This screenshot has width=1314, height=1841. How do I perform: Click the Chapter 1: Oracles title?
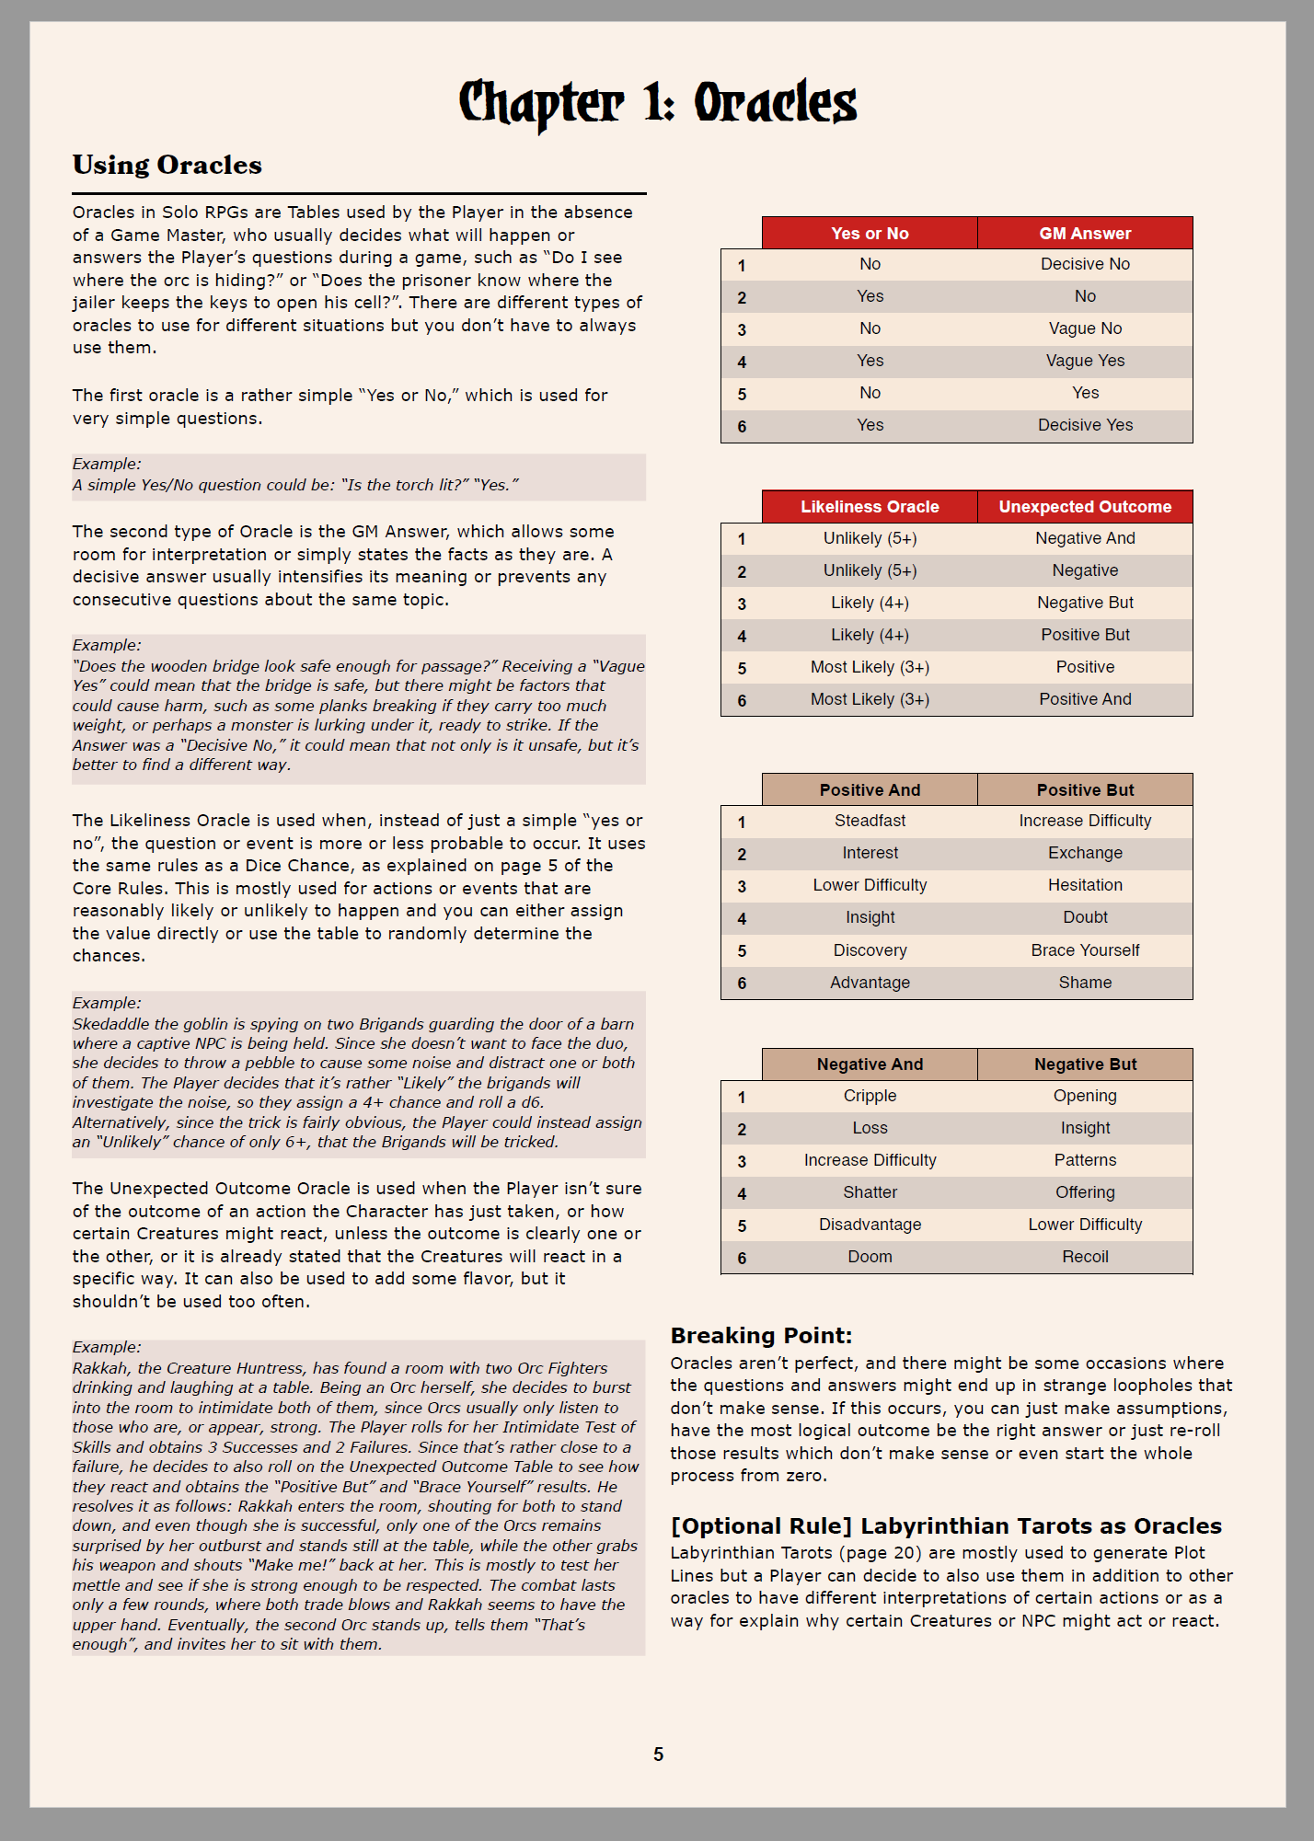pyautogui.click(x=657, y=103)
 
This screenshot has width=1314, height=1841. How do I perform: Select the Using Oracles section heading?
pyautogui.click(x=167, y=165)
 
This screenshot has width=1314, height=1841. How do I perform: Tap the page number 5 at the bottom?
pyautogui.click(x=658, y=1755)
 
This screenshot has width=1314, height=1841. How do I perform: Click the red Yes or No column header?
pyautogui.click(x=870, y=234)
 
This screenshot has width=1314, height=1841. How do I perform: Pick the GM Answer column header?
pyautogui.click(x=1085, y=234)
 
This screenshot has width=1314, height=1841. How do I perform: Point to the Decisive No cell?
pyautogui.click(x=1085, y=264)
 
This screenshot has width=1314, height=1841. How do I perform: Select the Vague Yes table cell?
pyautogui.click(x=1085, y=361)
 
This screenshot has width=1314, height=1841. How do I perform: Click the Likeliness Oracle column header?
pyautogui.click(x=870, y=507)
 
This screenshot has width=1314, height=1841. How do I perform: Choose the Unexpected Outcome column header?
pyautogui.click(x=1085, y=507)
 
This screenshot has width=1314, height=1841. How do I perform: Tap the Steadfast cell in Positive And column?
pyautogui.click(x=870, y=821)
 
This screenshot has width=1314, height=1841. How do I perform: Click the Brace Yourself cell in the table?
pyautogui.click(x=1085, y=950)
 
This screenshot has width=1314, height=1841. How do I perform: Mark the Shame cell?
pyautogui.click(x=1085, y=983)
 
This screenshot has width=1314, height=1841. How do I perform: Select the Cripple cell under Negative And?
pyautogui.click(x=870, y=1096)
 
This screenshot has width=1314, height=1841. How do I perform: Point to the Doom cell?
pyautogui.click(x=870, y=1257)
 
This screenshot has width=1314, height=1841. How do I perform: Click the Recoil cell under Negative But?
pyautogui.click(x=1085, y=1257)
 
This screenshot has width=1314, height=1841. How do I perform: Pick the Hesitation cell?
pyautogui.click(x=1085, y=885)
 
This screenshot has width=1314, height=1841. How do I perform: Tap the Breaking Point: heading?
pyautogui.click(x=761, y=1336)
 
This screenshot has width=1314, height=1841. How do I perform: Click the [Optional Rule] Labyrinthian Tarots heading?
pyautogui.click(x=946, y=1526)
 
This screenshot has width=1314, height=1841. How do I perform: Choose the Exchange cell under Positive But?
pyautogui.click(x=1085, y=853)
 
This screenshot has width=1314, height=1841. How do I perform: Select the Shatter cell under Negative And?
pyautogui.click(x=870, y=1192)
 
